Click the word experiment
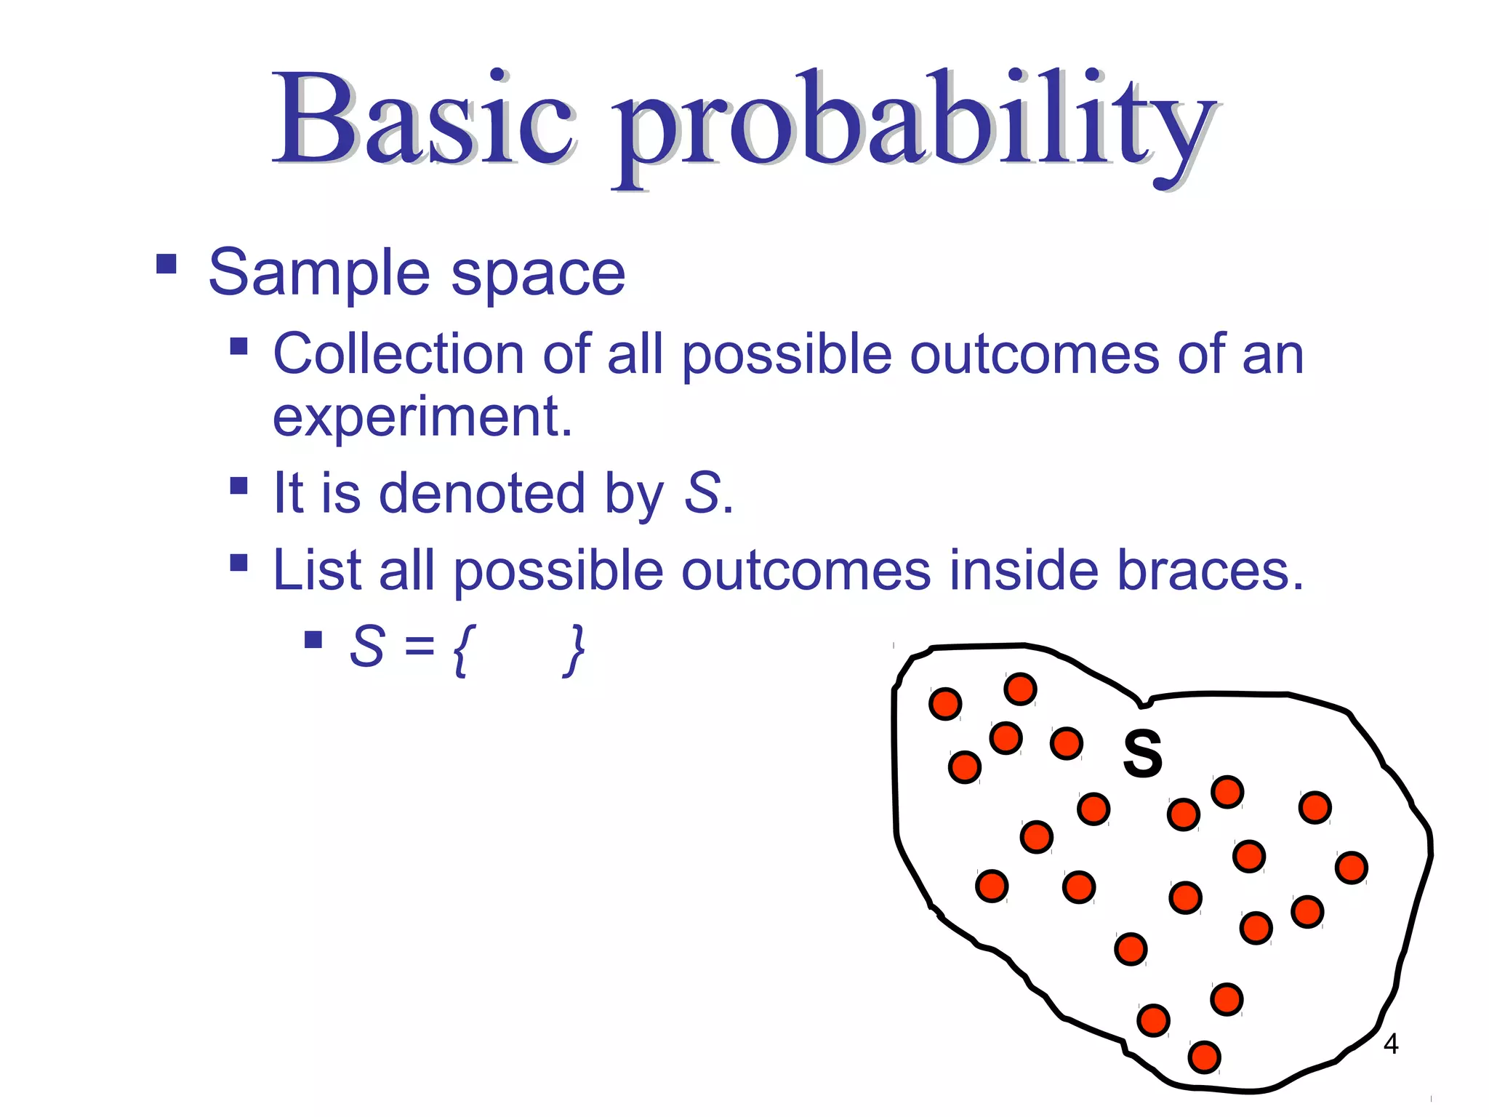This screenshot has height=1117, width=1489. coord(422,418)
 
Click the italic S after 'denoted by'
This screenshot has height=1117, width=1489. coord(702,494)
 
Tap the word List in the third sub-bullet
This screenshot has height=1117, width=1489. coord(316,571)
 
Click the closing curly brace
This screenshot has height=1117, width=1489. coord(575,649)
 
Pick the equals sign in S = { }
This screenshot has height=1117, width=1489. coord(420,647)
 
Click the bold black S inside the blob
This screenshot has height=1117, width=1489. coord(1142,754)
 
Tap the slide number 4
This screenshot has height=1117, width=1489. coord(1390,1044)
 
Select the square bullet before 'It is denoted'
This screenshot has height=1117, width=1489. coord(238,485)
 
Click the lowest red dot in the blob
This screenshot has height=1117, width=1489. coord(1204,1057)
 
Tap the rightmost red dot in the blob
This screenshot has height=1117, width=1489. coord(1352,868)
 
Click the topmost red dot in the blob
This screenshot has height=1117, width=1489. coord(1020,689)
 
